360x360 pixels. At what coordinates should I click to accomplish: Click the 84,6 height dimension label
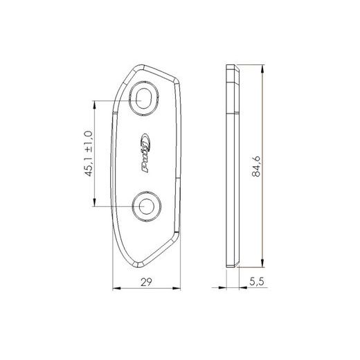pyautogui.click(x=256, y=166)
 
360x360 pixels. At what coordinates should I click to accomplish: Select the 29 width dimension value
pyautogui.click(x=146, y=282)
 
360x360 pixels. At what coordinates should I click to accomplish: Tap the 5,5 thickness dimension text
pyautogui.click(x=256, y=282)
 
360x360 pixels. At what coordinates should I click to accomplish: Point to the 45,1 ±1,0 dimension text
pyautogui.click(x=89, y=154)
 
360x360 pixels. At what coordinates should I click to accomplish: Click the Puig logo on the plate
pyautogui.click(x=146, y=153)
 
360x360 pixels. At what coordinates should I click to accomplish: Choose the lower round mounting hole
pyautogui.click(x=146, y=206)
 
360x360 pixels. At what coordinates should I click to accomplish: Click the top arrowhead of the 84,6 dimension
pyautogui.click(x=262, y=69)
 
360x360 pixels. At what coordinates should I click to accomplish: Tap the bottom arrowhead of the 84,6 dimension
pyautogui.click(x=262, y=263)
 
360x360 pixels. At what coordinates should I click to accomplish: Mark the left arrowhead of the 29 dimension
pyautogui.click(x=116, y=288)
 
